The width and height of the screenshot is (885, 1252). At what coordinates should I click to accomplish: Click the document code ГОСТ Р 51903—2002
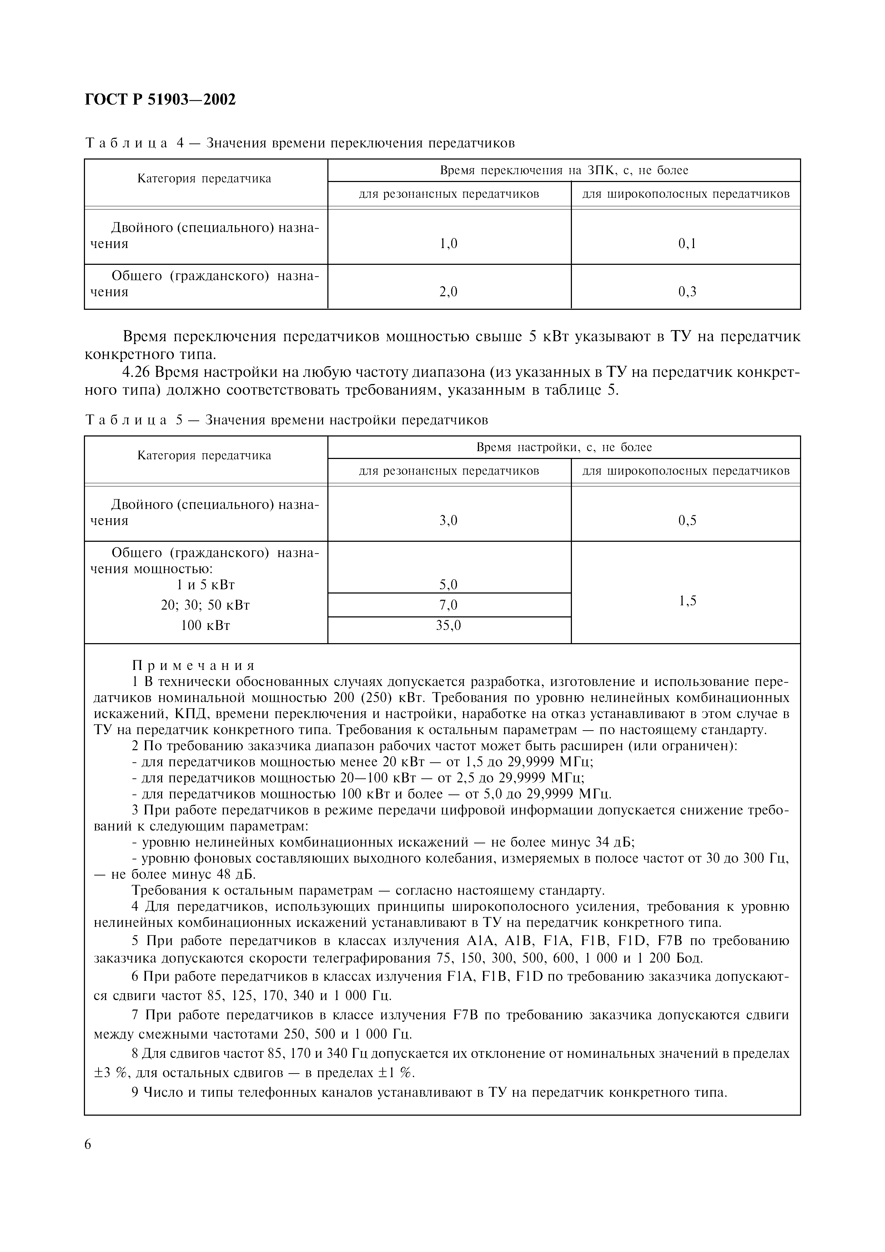tap(160, 100)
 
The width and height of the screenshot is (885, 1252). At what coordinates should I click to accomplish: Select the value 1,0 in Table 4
tap(448, 244)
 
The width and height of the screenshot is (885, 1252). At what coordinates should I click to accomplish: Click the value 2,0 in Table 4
tap(448, 292)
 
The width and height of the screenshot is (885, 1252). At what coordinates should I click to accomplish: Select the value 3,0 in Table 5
tap(448, 521)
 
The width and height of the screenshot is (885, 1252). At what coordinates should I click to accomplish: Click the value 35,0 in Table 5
tap(448, 625)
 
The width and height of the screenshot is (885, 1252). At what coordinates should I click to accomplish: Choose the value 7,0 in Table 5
tap(448, 605)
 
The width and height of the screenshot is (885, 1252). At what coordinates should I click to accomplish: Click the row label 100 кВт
tap(205, 625)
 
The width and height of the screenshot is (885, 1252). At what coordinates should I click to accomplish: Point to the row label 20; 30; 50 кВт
tap(205, 605)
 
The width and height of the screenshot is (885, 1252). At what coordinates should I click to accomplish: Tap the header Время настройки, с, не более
tap(564, 447)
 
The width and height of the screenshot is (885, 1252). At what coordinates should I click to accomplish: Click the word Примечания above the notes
tap(193, 666)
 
